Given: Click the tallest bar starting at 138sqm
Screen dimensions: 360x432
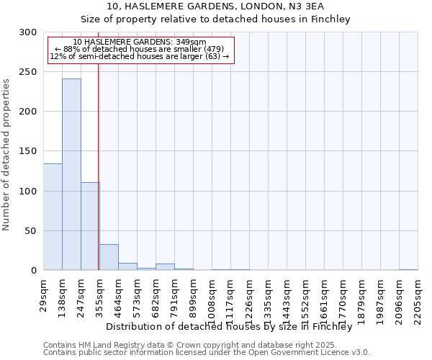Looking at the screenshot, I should click(x=71, y=174).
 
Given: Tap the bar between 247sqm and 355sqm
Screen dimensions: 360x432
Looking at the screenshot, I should click(x=90, y=226).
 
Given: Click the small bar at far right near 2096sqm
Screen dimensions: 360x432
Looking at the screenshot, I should click(x=408, y=269).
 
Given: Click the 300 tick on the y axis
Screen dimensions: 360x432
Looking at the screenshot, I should click(x=28, y=32).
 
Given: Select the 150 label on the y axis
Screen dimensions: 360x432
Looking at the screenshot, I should click(x=28, y=151).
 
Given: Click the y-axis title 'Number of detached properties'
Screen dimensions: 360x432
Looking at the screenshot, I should click(x=6, y=155).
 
